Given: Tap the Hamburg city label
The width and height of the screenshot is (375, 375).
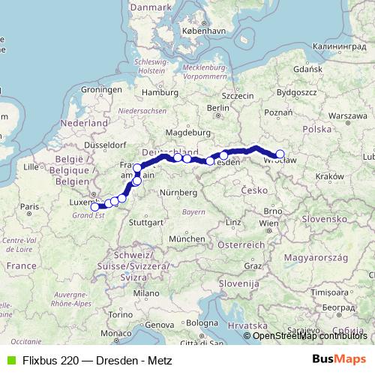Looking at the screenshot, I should [157, 93].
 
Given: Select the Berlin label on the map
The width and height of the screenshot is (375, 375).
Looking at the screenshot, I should [217, 107].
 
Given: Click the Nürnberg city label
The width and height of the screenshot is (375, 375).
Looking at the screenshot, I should [178, 193].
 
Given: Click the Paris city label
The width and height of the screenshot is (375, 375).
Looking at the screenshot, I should [29, 206].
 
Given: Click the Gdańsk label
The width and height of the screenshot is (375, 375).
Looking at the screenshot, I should [307, 68].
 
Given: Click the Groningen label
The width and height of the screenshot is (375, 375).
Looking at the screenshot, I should [101, 88].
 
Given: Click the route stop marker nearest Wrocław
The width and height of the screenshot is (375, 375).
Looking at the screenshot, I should [280, 154].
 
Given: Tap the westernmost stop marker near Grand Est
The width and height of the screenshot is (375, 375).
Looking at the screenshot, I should [95, 206].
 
